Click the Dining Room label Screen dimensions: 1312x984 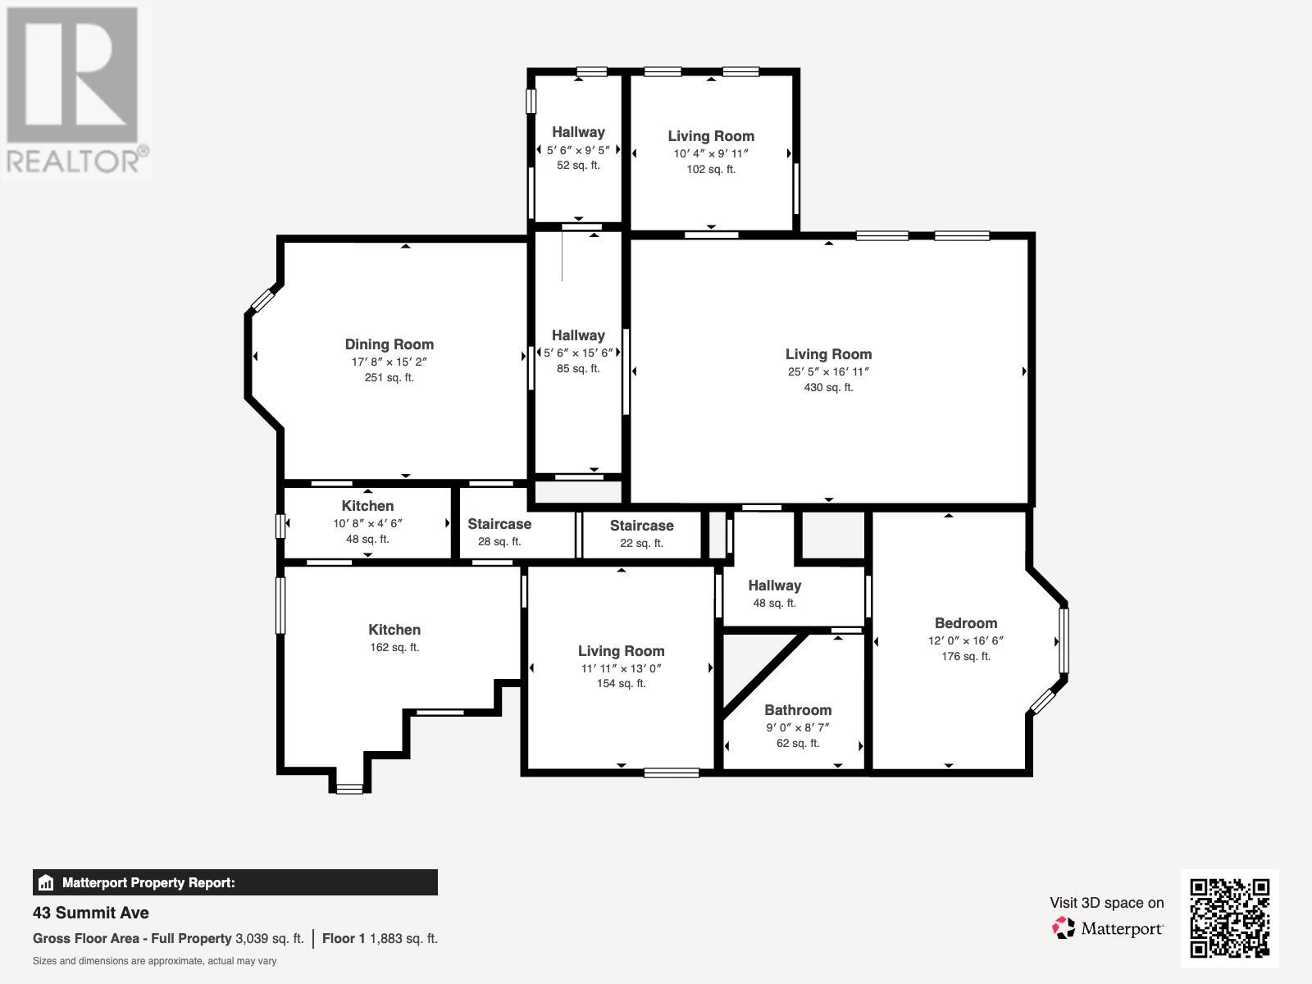389,344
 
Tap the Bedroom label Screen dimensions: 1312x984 966,623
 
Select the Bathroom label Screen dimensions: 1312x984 798,710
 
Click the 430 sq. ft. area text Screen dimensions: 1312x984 828,387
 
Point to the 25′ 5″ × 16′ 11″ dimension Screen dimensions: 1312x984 828,371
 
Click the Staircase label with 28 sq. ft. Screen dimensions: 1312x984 499,524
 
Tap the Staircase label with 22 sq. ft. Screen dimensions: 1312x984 641,526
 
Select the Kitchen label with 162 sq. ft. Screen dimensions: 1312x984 394,630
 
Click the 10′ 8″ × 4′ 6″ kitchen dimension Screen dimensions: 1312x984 367,523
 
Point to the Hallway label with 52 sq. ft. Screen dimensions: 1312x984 578,132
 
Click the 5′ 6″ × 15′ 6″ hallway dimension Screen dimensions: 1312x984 578,353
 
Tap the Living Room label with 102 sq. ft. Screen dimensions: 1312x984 711,136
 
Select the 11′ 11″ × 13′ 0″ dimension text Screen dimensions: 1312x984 621,668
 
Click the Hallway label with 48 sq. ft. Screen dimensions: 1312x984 775,585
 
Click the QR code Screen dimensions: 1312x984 1229,918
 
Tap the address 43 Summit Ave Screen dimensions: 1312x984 91,913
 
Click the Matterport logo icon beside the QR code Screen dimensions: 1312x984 1064,928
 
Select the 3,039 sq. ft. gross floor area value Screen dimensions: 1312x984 270,939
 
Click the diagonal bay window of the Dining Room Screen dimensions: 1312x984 262,300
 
